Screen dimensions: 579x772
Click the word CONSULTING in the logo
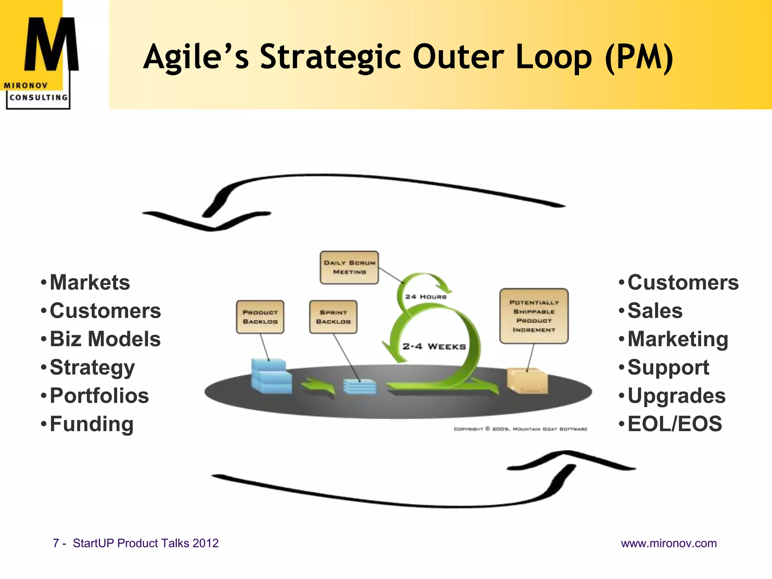point(38,98)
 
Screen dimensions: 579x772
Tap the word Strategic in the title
point(331,57)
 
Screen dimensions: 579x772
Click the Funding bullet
point(91,424)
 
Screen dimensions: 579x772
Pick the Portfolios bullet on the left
point(99,395)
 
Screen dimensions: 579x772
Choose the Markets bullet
point(90,282)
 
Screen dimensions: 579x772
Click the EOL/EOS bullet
point(674,424)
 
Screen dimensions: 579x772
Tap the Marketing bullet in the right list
point(677,339)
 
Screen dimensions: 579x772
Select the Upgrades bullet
point(676,395)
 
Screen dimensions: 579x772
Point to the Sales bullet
point(655,311)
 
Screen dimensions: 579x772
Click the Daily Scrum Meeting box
point(349,267)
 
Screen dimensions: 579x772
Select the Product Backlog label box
point(260,317)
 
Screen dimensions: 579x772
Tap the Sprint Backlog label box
point(333,317)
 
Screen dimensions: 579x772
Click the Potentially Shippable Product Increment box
point(534,316)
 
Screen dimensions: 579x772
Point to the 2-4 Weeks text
point(434,346)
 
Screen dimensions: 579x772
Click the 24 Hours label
point(426,297)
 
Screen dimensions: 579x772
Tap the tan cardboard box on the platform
point(527,381)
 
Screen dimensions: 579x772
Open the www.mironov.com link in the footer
point(669,543)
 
